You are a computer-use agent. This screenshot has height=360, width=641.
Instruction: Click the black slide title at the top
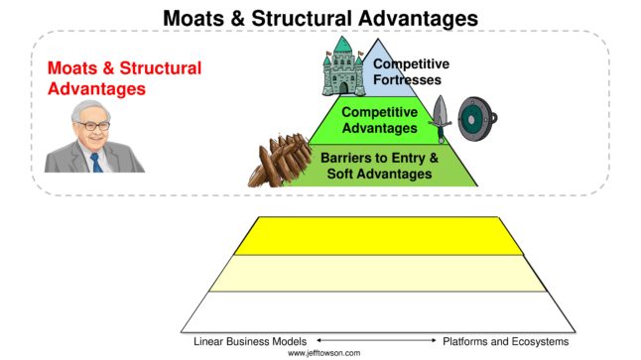click(320, 17)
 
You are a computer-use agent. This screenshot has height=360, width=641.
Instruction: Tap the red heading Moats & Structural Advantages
click(124, 77)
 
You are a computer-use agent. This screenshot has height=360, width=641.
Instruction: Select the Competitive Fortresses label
click(411, 71)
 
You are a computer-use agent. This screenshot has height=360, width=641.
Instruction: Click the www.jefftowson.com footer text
click(324, 353)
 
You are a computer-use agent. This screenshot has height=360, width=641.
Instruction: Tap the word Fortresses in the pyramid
click(410, 79)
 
